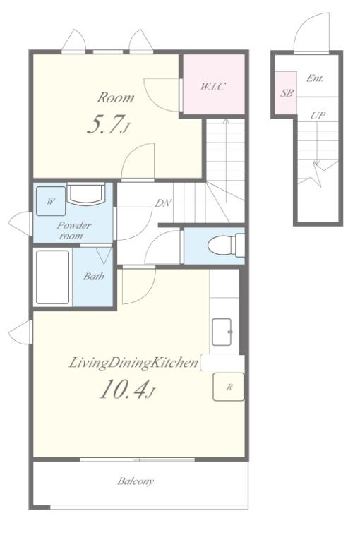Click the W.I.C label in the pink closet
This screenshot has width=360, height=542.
[x=212, y=86]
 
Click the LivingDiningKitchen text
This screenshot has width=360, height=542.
[x=133, y=363]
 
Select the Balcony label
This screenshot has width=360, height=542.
[x=136, y=481]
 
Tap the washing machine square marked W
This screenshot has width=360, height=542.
[x=51, y=201]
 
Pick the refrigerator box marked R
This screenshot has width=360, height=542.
[x=229, y=387]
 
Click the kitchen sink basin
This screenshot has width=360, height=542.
[x=222, y=332]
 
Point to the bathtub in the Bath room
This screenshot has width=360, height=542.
[x=52, y=277]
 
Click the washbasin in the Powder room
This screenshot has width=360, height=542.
[x=85, y=194]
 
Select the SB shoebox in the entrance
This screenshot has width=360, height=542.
[x=286, y=92]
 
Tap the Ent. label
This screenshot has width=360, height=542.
[x=315, y=78]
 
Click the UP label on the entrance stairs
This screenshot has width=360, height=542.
[x=318, y=115]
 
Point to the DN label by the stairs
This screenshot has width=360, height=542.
[x=162, y=203]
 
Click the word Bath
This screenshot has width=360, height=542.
[x=94, y=276]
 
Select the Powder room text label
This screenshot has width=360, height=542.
[x=73, y=231]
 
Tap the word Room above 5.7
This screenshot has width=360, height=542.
[x=115, y=97]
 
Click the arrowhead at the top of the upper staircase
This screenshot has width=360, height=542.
[x=226, y=121]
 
